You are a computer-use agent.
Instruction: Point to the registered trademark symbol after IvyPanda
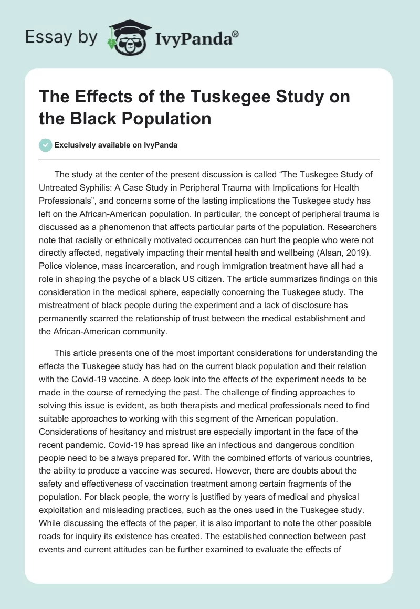tap(236, 34)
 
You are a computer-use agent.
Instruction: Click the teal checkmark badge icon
tap(46, 145)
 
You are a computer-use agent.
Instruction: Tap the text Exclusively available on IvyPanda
tap(116, 145)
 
